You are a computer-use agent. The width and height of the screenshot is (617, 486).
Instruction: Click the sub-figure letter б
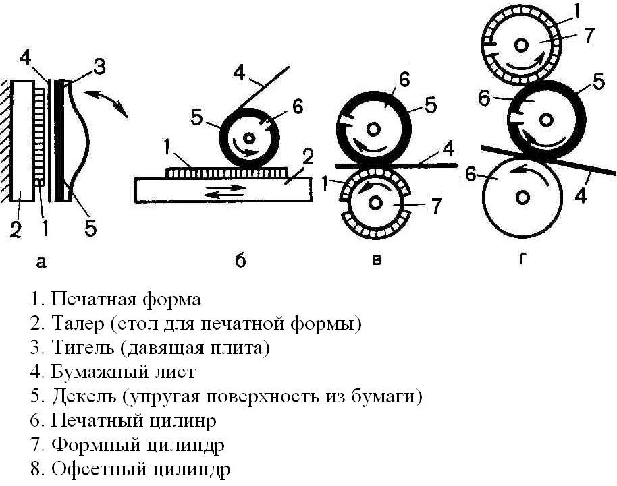coord(240,261)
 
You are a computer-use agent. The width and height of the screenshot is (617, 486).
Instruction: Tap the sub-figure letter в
coord(376,260)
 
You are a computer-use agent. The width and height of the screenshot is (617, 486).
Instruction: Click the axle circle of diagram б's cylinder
coord(250,138)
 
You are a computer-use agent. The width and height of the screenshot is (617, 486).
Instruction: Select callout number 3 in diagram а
coord(99,67)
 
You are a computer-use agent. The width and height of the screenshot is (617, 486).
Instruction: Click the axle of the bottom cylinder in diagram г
coord(522,197)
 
